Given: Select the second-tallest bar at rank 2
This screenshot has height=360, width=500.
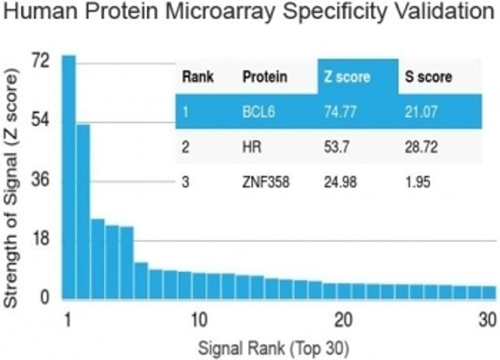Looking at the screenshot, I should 83,211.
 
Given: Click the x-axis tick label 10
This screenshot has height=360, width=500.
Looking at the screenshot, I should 199,320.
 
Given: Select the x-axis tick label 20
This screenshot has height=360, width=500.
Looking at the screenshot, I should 343,320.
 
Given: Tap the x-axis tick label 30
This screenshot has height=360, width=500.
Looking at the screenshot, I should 486,320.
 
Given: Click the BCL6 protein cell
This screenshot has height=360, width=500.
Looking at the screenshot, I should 258,112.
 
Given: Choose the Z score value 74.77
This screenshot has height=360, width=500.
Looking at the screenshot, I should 340,112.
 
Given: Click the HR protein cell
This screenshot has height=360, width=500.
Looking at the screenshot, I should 252,147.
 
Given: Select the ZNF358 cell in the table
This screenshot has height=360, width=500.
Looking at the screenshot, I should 266,182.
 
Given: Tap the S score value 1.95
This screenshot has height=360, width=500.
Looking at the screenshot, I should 418,182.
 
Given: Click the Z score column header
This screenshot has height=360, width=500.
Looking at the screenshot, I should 346,76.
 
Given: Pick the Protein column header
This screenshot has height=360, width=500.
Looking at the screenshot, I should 265,76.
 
